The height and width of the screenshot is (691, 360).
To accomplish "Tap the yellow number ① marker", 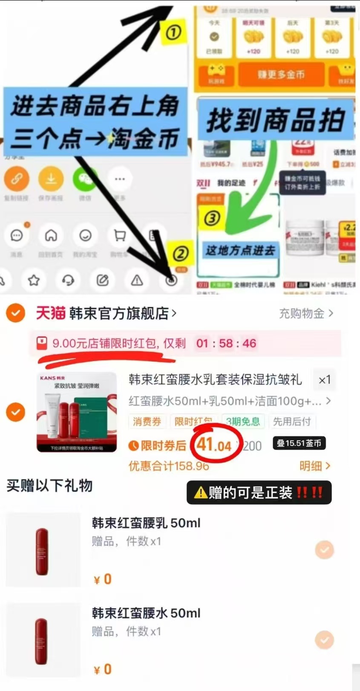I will [x=173, y=32].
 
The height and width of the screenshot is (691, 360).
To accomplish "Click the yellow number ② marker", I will [x=180, y=254].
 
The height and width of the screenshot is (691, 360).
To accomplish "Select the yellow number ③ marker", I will [x=212, y=218].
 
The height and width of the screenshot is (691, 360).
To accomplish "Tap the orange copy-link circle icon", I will [x=17, y=179].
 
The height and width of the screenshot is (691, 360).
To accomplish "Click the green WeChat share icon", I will [x=85, y=179].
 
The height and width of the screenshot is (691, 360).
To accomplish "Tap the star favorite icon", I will [x=34, y=280].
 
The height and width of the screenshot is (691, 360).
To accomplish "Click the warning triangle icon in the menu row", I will [x=137, y=280].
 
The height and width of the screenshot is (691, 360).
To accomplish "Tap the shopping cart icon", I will [x=120, y=235].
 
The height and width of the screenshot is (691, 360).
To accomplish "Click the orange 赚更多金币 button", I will [x=281, y=75].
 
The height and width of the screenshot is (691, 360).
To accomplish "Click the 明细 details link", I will [x=315, y=465].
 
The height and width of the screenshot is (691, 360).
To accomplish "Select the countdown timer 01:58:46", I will [x=226, y=343].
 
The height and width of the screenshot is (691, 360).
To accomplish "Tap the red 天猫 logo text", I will [x=50, y=313].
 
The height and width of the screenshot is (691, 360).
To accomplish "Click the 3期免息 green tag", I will [x=243, y=422].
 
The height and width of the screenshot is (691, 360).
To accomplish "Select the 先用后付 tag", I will [x=292, y=422].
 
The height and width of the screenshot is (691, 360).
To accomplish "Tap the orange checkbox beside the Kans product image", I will [x=15, y=412].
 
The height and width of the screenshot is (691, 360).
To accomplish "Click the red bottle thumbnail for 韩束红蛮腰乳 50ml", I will [x=42, y=551].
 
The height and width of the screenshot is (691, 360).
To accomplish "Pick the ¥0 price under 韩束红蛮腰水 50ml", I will [x=103, y=669].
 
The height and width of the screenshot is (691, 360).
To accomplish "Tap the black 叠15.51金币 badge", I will [x=299, y=443].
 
